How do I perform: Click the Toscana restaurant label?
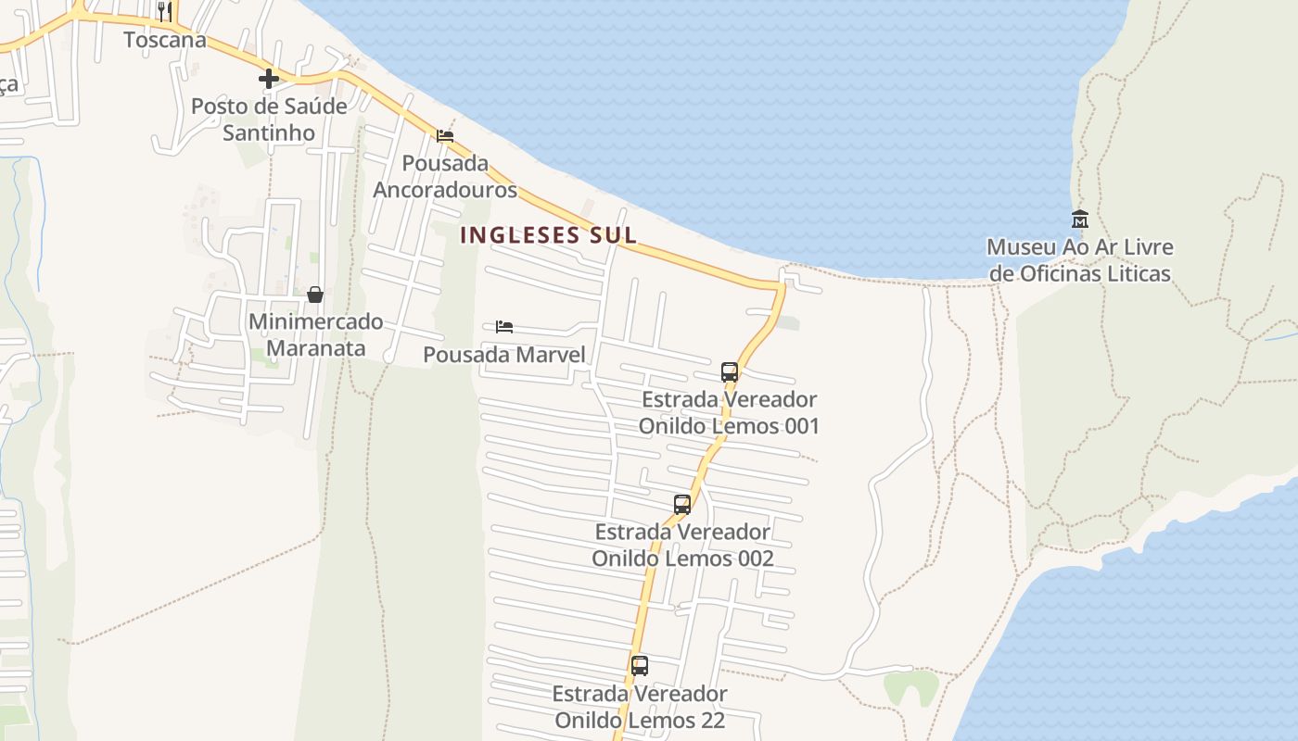click(x=165, y=40)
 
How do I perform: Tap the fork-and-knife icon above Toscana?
click(x=165, y=11)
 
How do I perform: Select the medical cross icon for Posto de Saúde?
click(x=269, y=79)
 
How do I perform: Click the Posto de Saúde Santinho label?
click(x=269, y=119)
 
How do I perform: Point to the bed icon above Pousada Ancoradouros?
click(x=445, y=136)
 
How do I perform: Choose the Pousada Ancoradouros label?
click(x=445, y=176)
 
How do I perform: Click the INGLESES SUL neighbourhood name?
click(x=549, y=235)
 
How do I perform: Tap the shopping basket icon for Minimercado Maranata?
click(x=315, y=295)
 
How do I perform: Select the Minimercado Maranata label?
click(x=316, y=335)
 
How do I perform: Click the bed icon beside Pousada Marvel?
click(x=504, y=327)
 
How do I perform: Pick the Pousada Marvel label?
click(x=504, y=355)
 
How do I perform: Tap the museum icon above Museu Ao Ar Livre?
click(x=1080, y=220)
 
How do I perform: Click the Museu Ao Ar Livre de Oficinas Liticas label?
click(x=1080, y=260)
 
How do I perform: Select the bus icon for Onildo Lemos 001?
click(x=730, y=372)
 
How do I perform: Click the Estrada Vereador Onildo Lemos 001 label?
click(x=730, y=413)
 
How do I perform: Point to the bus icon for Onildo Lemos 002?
click(x=682, y=505)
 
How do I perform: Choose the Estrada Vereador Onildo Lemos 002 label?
click(x=682, y=546)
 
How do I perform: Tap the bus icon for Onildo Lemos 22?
click(x=640, y=665)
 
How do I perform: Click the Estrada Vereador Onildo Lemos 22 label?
click(x=640, y=707)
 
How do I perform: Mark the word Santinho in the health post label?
click(x=269, y=133)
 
